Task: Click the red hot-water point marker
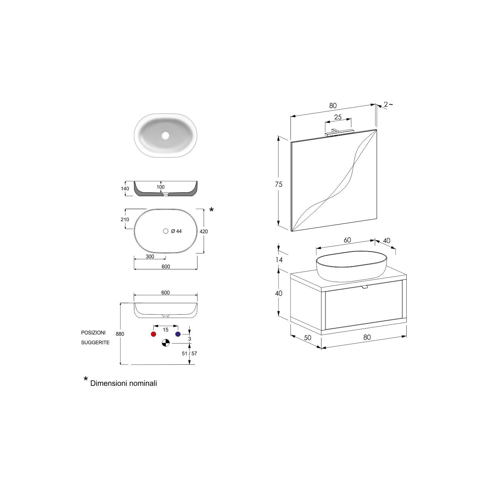[x=154, y=334]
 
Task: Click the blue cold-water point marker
[x=178, y=334]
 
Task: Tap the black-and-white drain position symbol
[x=166, y=343]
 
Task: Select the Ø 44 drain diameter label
[x=176, y=231]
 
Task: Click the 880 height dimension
[x=120, y=334]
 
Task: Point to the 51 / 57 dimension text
[x=189, y=353]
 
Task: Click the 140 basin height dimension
[x=125, y=189]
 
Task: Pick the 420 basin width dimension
[x=204, y=232]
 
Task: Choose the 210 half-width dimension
[x=125, y=220]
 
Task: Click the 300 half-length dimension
[x=150, y=257]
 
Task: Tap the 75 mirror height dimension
[x=278, y=184]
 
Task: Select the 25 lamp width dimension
[x=338, y=117]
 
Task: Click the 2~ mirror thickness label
[x=388, y=104]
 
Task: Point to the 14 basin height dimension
[x=279, y=260]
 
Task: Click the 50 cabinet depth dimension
[x=307, y=338]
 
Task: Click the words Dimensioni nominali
[x=124, y=383]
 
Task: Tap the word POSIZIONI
[x=93, y=333]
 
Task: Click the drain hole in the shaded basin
[x=166, y=135]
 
